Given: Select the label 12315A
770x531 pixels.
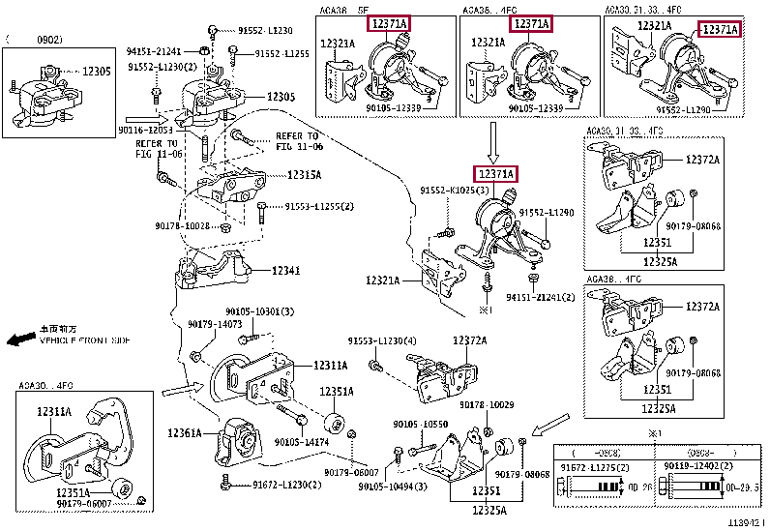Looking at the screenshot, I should (x=305, y=175).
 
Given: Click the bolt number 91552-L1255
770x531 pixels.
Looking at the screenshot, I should (x=281, y=54).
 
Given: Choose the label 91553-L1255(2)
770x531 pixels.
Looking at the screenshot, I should (x=319, y=206).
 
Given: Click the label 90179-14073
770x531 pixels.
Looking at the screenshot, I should (x=215, y=324).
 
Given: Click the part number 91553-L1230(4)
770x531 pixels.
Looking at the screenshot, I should (x=382, y=340).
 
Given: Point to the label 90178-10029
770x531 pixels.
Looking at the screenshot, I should (x=487, y=404).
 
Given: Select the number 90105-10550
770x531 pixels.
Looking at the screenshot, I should (x=420, y=425).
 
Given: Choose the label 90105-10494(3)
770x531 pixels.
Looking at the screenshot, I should (x=392, y=486).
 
